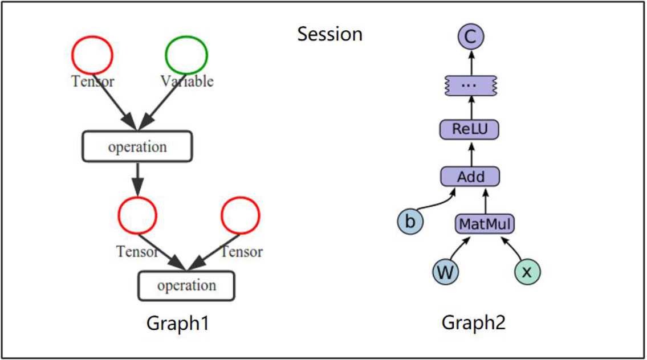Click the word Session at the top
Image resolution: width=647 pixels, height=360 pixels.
click(329, 34)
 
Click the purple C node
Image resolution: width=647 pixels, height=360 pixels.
click(471, 36)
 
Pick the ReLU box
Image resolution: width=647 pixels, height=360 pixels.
click(470, 129)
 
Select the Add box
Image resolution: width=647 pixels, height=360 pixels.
click(470, 177)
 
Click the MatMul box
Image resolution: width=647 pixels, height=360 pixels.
click(485, 224)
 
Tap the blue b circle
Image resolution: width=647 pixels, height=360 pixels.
click(410, 222)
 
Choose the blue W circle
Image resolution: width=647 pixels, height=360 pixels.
click(446, 272)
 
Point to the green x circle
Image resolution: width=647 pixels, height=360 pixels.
click(527, 272)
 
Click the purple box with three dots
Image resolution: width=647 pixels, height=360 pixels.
click(470, 85)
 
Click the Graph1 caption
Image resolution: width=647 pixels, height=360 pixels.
click(178, 323)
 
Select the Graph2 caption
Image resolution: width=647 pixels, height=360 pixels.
click(474, 322)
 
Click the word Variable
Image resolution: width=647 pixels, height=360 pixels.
click(187, 81)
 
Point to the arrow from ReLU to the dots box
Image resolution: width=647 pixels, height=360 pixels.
click(471, 108)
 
